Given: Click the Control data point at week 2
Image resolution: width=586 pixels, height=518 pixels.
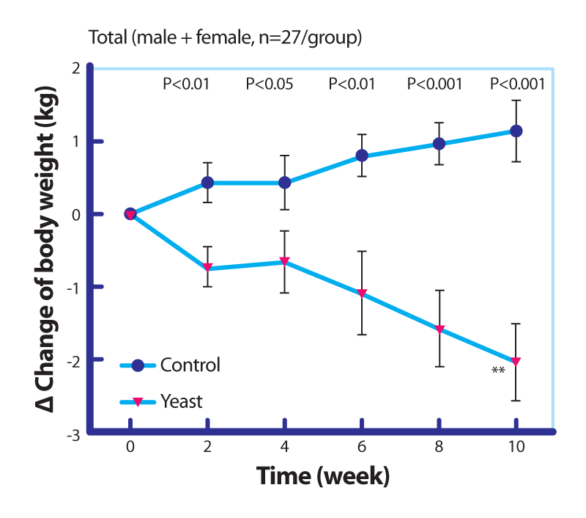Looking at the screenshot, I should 207,183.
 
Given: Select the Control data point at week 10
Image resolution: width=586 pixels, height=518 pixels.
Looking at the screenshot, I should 516,131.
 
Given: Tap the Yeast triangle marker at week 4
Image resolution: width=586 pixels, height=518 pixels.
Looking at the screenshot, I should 284,261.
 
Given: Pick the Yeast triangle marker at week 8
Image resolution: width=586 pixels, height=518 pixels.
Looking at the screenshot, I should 439,329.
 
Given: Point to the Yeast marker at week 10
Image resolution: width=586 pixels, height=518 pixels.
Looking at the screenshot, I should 516,362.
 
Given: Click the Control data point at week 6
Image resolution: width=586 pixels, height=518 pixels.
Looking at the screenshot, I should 362,156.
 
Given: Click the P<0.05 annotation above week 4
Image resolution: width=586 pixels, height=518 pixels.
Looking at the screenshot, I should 270,84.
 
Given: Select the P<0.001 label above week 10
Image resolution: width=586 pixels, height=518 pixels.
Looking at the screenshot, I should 517,84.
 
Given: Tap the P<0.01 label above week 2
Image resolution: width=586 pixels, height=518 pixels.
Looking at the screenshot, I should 186,84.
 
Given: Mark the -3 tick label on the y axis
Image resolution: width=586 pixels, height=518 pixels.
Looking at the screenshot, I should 73,435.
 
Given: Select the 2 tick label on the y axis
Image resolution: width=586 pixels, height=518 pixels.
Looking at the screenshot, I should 76,68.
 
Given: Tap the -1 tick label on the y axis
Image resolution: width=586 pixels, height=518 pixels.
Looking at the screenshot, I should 73,288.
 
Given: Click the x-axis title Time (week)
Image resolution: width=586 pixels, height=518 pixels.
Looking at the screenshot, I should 323,475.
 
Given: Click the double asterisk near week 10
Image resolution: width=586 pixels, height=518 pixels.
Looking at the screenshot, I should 498,371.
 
